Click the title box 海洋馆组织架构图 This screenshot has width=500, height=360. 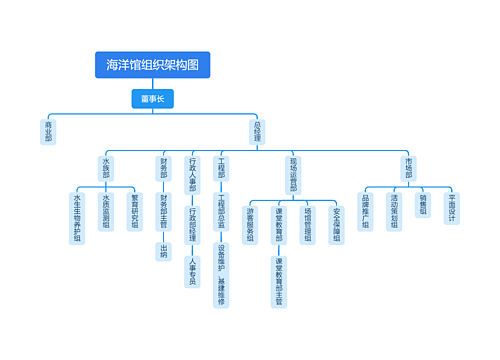153,65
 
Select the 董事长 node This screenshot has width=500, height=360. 153,99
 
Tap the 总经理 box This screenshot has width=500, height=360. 258,131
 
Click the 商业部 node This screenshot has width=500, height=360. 48,131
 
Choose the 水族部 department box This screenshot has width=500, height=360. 106,166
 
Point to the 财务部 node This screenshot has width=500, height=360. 163,166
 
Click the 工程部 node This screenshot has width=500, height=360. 222,166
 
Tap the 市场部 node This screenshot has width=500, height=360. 408,166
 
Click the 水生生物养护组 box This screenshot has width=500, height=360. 77,218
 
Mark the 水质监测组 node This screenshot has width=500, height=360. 106,211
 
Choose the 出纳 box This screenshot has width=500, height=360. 163,251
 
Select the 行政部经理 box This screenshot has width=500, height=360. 192,226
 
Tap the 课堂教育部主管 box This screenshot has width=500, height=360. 279,282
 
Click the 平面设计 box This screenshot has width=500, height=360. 452,209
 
